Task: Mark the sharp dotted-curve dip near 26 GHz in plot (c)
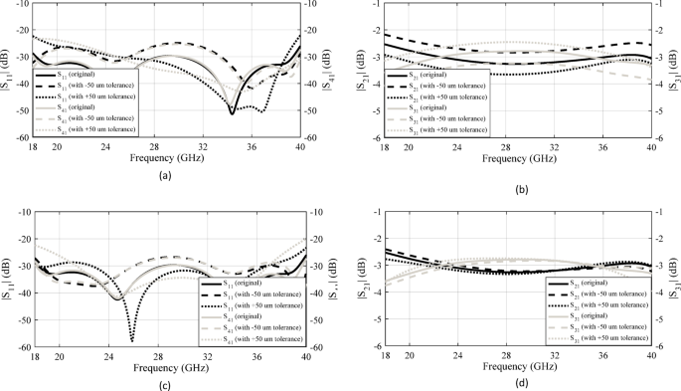pos(132,340)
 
